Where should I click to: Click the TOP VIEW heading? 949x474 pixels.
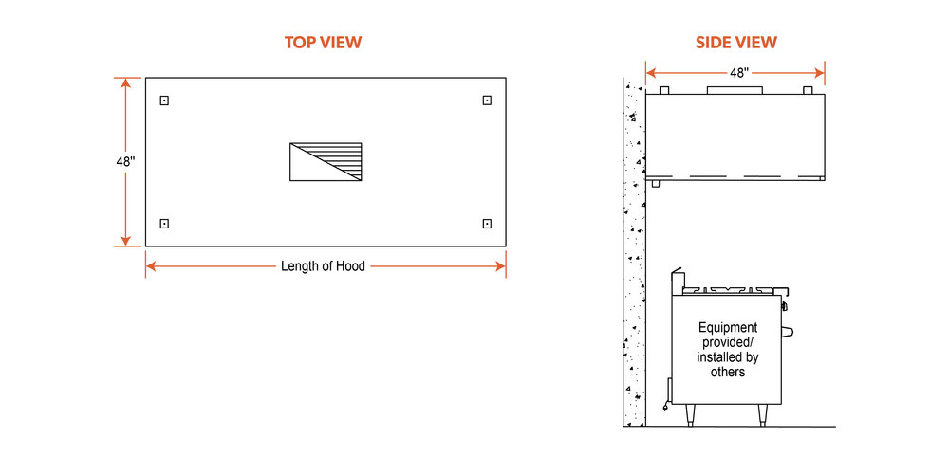coord(324,43)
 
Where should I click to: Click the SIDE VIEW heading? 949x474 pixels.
coord(736,43)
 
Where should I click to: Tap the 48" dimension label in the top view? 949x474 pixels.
coord(126,162)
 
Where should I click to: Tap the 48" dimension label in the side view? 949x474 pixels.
coord(739,73)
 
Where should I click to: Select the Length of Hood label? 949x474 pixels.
coord(324,266)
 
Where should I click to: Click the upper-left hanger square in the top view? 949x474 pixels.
coord(164,100)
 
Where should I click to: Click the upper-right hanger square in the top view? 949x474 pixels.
coord(487,100)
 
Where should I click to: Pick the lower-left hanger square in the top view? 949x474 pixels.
coord(164,224)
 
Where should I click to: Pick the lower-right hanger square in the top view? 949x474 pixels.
coord(487,224)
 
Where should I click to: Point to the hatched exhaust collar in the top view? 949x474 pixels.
coord(326,162)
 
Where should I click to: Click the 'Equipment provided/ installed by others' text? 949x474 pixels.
coord(728,350)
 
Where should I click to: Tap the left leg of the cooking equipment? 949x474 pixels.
coord(691,415)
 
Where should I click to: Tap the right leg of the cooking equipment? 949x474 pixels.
coord(763,415)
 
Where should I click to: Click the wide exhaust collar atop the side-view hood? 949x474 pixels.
coord(735,90)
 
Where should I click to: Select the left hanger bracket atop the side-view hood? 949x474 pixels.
coord(663,90)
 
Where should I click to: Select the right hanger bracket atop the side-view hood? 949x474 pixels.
coord(808,90)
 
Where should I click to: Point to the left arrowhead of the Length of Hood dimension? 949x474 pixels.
coord(151,266)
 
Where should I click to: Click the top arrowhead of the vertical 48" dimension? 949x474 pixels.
coord(126,82)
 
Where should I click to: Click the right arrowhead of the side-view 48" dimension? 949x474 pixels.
coord(820,73)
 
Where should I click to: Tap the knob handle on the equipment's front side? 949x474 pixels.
coord(788,331)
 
